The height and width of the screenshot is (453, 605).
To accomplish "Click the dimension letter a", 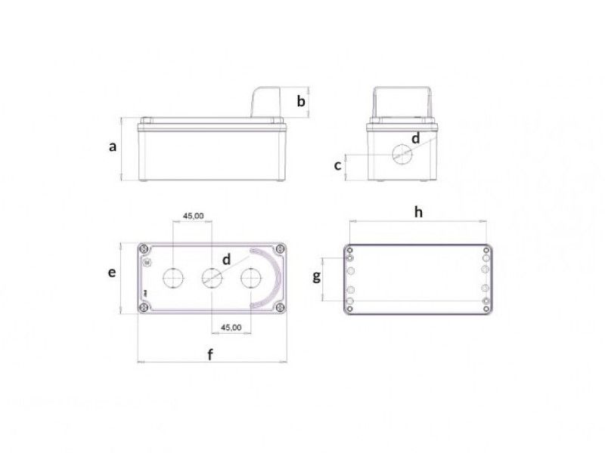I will (113, 147).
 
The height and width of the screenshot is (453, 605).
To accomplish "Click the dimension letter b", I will (300, 101).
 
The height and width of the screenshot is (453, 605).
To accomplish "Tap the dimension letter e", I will (112, 273).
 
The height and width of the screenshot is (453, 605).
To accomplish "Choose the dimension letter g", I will (318, 277).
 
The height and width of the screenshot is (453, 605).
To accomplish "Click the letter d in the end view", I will (415, 138).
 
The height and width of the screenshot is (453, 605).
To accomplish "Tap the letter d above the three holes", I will (226, 259).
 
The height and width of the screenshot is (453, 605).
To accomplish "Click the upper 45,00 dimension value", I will (193, 216).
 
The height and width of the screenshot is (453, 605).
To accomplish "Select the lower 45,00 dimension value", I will (231, 328).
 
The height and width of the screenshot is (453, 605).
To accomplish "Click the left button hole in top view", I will (173, 279).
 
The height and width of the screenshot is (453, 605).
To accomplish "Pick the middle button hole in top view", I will (211, 279).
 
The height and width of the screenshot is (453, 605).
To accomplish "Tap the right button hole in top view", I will (250, 279).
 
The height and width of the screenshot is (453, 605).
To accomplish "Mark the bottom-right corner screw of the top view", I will (280, 308).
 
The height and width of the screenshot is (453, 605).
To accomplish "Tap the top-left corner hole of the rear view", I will (350, 248).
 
